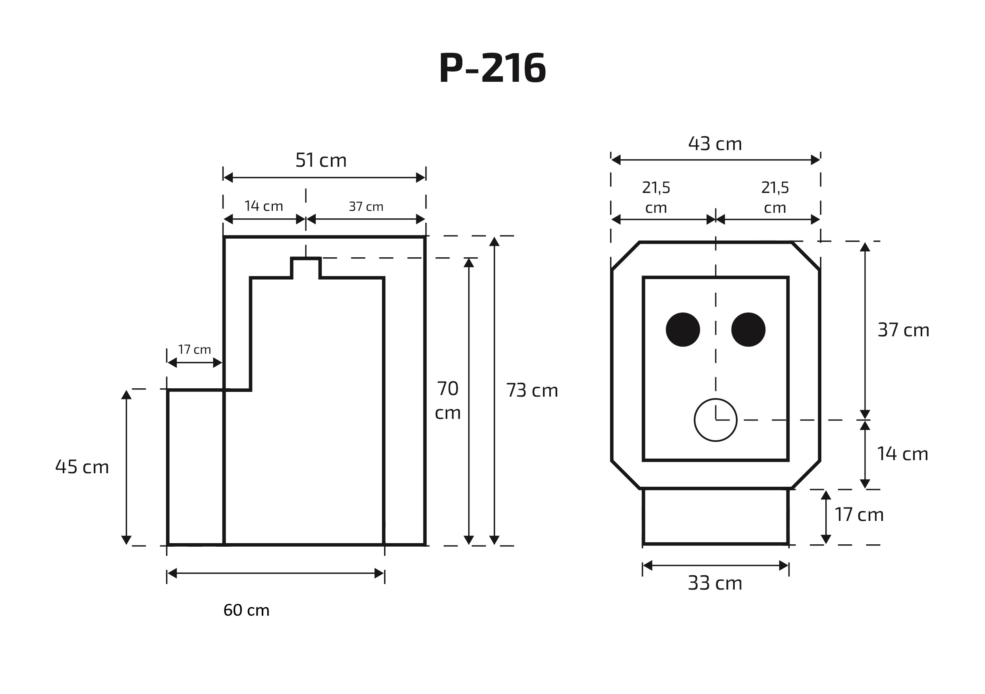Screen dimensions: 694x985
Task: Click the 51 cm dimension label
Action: click(321, 160)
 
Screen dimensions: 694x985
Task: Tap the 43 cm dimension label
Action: click(715, 144)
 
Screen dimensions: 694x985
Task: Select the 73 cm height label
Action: click(531, 390)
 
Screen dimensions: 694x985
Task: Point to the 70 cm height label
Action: click(448, 400)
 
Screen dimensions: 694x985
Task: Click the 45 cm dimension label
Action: click(82, 467)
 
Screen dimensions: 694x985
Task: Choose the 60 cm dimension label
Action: click(246, 610)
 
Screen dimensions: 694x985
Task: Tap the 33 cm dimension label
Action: click(715, 583)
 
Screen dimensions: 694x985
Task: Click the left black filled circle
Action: click(683, 330)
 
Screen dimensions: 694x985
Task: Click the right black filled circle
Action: click(748, 330)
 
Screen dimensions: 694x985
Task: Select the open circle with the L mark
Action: click(715, 420)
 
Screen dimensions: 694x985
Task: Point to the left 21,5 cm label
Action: click(656, 197)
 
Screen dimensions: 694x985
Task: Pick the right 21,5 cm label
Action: click(775, 197)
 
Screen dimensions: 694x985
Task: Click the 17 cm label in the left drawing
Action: click(194, 349)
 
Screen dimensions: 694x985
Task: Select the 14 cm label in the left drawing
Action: click(263, 206)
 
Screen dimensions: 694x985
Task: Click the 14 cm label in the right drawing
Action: click(902, 454)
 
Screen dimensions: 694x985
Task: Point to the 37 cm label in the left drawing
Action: click(365, 207)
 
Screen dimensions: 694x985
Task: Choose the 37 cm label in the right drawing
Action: click(903, 330)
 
